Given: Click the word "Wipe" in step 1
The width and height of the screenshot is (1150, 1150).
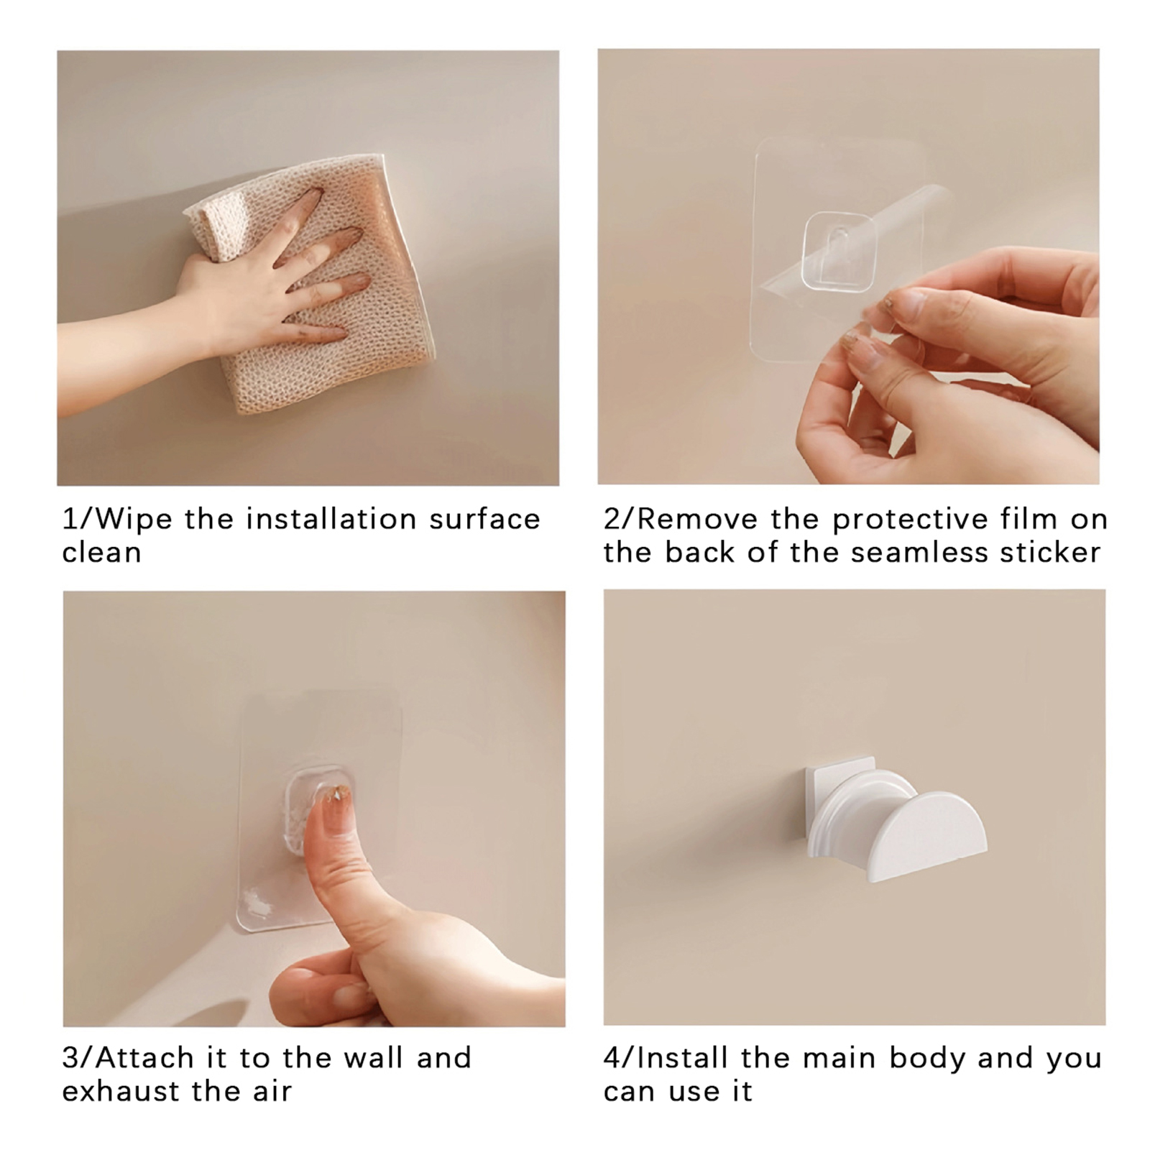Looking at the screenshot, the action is (x=133, y=519).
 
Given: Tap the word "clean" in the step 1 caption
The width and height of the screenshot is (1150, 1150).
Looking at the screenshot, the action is (x=101, y=553).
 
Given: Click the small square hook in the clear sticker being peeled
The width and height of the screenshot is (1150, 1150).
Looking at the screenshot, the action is (x=839, y=252).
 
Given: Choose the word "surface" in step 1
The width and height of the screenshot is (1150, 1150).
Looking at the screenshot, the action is (x=484, y=519).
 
